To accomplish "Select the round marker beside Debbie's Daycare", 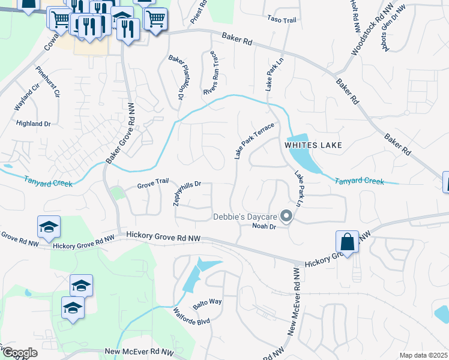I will [287, 217].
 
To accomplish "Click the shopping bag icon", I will [348, 242].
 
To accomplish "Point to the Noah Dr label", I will [264, 226].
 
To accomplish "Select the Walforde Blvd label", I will [191, 316].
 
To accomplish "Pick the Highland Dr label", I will [34, 124].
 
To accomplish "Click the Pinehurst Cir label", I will [49, 82].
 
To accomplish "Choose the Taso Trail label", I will [282, 20].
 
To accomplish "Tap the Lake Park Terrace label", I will [254, 141].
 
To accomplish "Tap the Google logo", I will [20, 353].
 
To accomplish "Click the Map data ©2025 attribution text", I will [423, 355].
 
